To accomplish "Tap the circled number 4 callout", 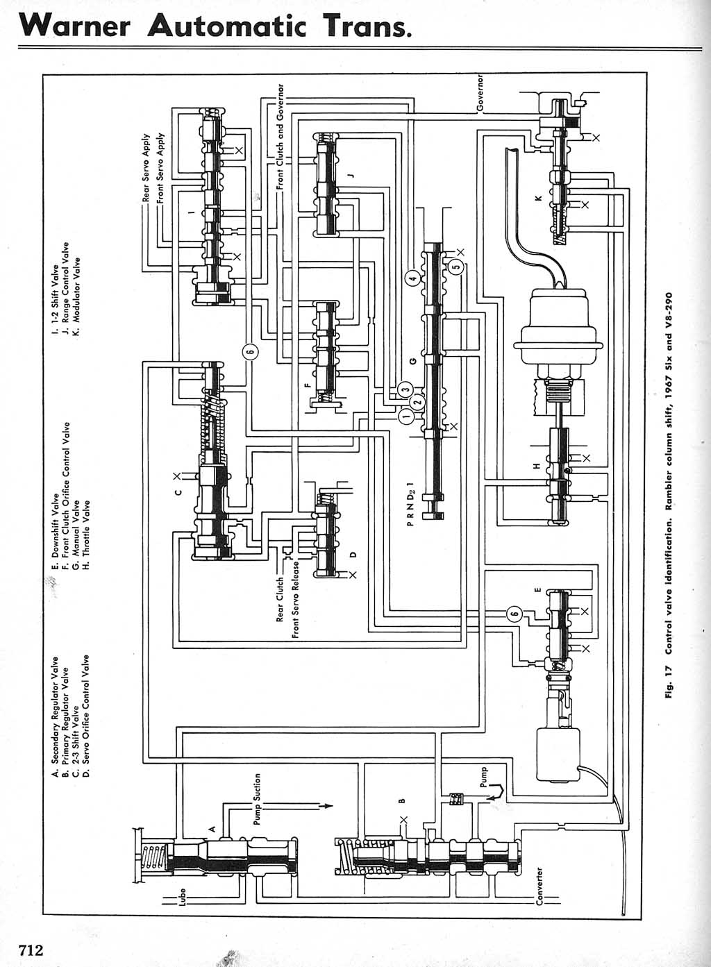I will click(x=412, y=278).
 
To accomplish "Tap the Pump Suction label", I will click(x=257, y=799).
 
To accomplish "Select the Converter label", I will click(x=539, y=886).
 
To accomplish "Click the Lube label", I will click(x=183, y=899).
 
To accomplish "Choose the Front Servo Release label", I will click(x=296, y=598).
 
